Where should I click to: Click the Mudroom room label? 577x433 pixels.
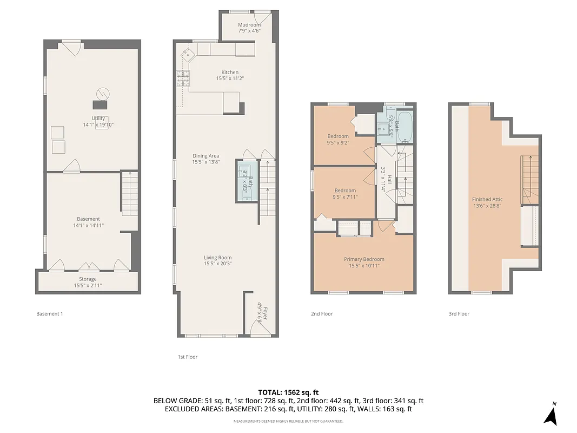[249, 25]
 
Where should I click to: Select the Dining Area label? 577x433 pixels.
[206, 156]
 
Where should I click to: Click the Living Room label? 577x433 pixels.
[217, 258]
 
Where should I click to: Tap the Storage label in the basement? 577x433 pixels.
[88, 279]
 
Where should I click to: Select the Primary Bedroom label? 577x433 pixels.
[364, 259]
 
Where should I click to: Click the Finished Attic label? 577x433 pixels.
[487, 199]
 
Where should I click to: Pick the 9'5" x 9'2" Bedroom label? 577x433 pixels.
[338, 136]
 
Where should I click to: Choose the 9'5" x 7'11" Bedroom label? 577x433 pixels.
[344, 191]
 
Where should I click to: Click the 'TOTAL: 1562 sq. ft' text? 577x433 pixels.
[288, 392]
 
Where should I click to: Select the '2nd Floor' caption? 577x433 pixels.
[321, 314]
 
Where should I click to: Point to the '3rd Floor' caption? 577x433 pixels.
[459, 314]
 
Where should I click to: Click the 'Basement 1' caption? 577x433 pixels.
[50, 314]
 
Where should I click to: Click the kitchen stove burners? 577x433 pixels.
[183, 79]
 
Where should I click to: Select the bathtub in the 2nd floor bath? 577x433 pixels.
[403, 126]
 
